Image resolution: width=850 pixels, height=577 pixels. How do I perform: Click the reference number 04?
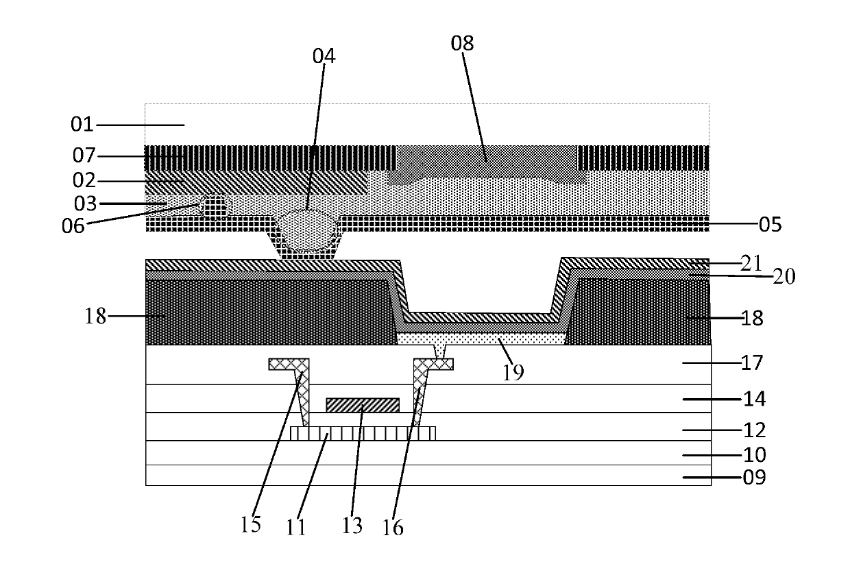[324, 56]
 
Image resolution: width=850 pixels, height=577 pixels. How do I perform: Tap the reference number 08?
[462, 43]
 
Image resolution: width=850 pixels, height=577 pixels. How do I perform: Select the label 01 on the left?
[82, 125]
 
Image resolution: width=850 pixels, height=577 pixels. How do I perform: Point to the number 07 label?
[84, 156]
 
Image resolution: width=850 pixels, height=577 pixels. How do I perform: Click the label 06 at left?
[73, 226]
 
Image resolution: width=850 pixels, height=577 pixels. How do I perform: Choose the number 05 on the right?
[770, 225]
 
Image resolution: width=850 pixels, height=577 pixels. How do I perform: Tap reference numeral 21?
[751, 263]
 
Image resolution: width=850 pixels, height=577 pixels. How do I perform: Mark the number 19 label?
[513, 372]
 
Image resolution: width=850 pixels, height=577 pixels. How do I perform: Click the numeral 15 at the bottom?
[250, 525]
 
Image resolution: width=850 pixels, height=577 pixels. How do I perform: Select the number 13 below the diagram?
[352, 526]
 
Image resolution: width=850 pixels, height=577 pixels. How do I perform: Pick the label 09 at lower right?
[754, 477]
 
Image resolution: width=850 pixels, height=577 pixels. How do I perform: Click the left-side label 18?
[95, 316]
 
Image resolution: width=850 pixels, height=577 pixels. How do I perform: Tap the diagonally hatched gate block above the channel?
[363, 405]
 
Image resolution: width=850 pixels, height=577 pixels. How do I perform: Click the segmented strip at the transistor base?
[363, 434]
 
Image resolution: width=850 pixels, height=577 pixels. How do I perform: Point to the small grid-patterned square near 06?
[215, 207]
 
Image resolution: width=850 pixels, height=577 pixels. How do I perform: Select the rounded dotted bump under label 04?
[308, 229]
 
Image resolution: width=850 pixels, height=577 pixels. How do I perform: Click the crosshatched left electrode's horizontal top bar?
[289, 364]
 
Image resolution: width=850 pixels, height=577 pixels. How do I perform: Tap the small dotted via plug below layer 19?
[440, 352]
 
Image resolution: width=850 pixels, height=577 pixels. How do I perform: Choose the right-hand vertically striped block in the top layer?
[643, 158]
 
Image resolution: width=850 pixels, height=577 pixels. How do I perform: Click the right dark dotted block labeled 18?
[638, 312]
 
